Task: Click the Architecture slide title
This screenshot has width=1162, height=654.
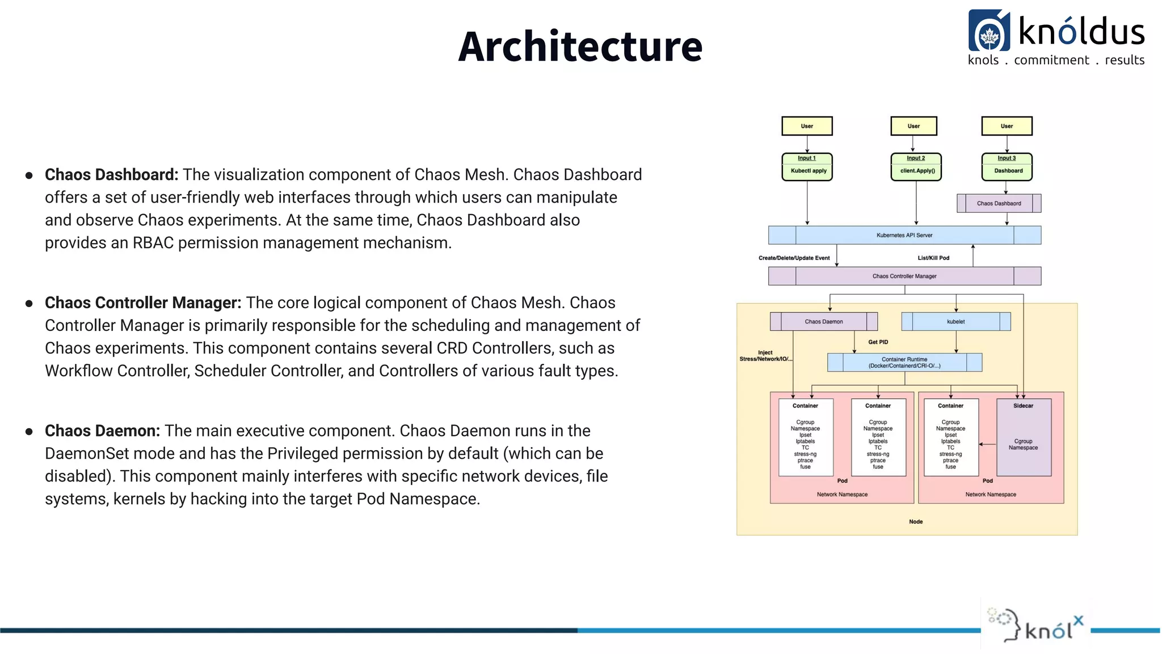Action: point(580,47)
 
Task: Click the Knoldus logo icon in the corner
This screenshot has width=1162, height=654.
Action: point(989,31)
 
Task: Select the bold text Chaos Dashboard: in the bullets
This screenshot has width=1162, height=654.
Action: point(111,175)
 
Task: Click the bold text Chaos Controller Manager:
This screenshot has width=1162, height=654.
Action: point(143,303)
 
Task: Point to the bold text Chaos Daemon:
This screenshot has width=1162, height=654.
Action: point(102,431)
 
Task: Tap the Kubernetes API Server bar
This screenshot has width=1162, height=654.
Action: point(904,235)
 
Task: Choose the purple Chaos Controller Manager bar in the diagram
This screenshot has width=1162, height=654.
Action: point(904,276)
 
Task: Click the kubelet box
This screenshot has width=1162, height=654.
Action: point(955,321)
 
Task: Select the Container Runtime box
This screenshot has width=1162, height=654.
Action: point(904,362)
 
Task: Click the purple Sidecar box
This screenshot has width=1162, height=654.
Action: point(1023,437)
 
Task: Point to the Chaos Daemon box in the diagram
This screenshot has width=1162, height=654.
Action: point(823,321)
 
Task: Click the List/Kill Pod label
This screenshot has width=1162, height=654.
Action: point(933,258)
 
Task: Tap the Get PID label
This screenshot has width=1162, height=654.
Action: point(878,342)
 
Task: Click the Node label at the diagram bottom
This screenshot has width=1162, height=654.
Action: point(915,522)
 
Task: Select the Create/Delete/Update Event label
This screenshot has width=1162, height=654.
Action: point(794,258)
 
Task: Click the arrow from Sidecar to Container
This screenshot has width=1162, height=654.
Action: point(988,444)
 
